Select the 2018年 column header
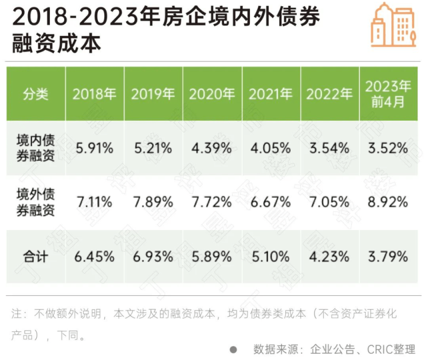tap(94, 94)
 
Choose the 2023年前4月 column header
tap(388, 94)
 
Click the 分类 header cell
tap(36, 94)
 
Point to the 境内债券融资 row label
tap(36, 148)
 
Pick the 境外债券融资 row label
tap(36, 202)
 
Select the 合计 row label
tap(36, 257)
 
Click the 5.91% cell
tap(94, 148)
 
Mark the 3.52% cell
tap(388, 148)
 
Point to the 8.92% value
tap(388, 202)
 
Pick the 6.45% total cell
tap(94, 257)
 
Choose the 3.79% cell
tap(388, 257)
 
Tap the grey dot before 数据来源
tap(233, 349)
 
